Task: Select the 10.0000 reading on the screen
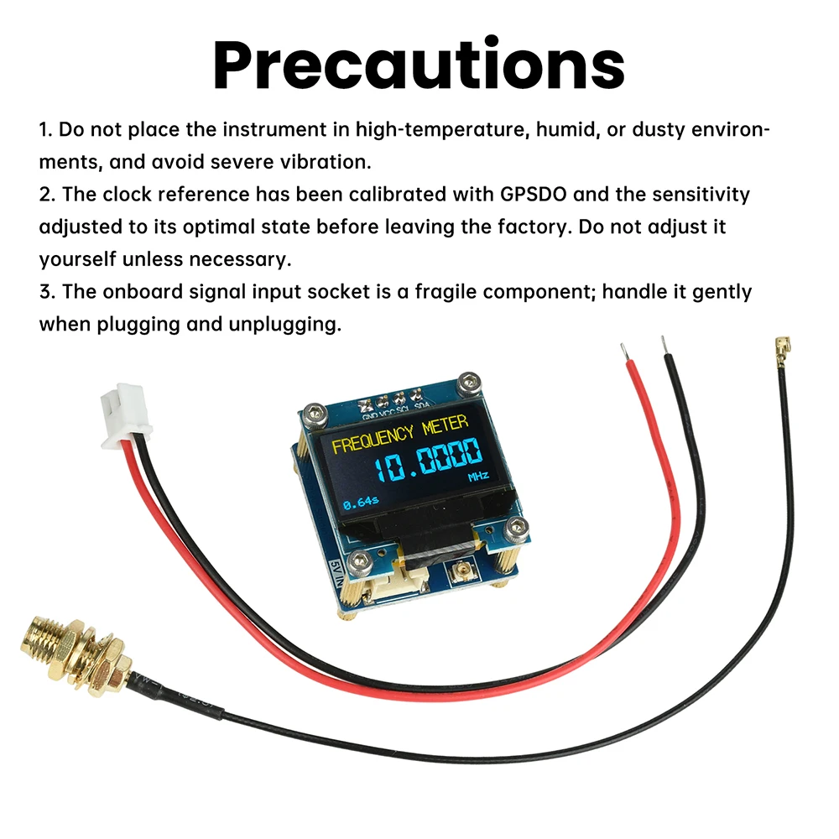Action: point(428,460)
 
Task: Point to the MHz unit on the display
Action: point(478,478)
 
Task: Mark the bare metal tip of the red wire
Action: point(622,352)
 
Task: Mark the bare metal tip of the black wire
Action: point(664,346)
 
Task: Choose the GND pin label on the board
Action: point(369,414)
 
